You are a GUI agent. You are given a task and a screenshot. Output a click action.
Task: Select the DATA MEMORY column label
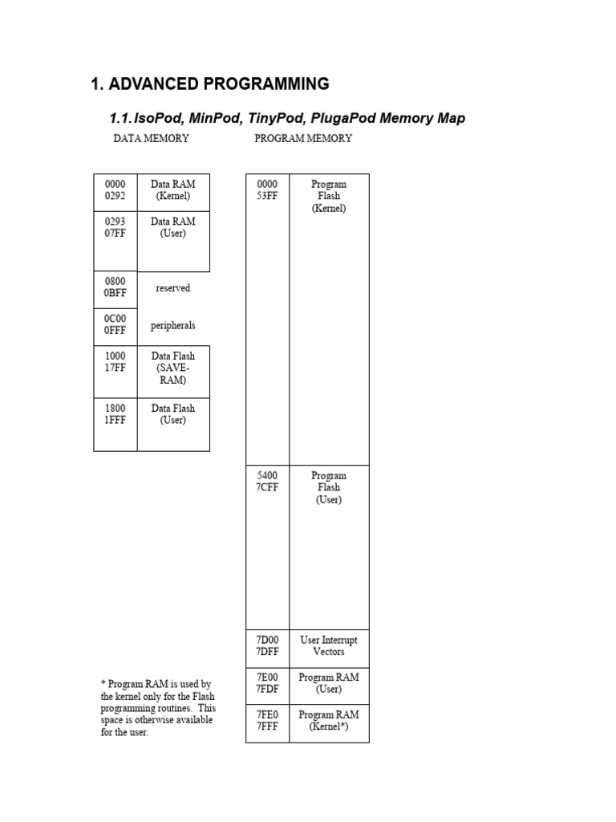tap(151, 138)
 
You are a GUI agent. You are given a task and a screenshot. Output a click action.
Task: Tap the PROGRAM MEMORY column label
tap(303, 138)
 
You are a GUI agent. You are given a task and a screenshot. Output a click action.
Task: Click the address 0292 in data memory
tap(115, 196)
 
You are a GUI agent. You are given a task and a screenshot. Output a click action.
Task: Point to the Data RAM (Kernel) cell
tap(173, 189)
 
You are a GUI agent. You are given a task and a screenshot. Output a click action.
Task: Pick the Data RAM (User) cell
tap(173, 227)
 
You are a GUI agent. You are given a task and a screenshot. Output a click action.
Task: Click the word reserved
tap(173, 287)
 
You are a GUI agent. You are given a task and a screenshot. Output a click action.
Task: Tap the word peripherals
tap(173, 326)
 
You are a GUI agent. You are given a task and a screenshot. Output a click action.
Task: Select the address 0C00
tap(115, 319)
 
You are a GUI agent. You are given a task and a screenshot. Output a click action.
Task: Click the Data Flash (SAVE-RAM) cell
tap(173, 368)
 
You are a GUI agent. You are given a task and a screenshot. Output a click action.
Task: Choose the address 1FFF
tap(115, 420)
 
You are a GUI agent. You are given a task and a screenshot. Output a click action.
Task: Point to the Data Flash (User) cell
tap(173, 414)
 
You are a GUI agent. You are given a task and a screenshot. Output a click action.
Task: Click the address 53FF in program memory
tap(267, 196)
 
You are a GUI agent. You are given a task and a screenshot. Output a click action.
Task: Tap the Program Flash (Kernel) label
tap(329, 196)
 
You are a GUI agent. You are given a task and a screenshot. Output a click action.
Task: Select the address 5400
tap(267, 475)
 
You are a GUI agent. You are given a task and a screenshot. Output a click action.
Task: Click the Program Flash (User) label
tap(329, 487)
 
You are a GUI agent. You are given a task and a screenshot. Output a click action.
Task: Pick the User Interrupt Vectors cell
tap(329, 646)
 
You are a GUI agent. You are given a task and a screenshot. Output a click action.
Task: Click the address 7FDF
tap(267, 689)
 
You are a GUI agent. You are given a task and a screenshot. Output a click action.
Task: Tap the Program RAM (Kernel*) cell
tap(329, 721)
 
